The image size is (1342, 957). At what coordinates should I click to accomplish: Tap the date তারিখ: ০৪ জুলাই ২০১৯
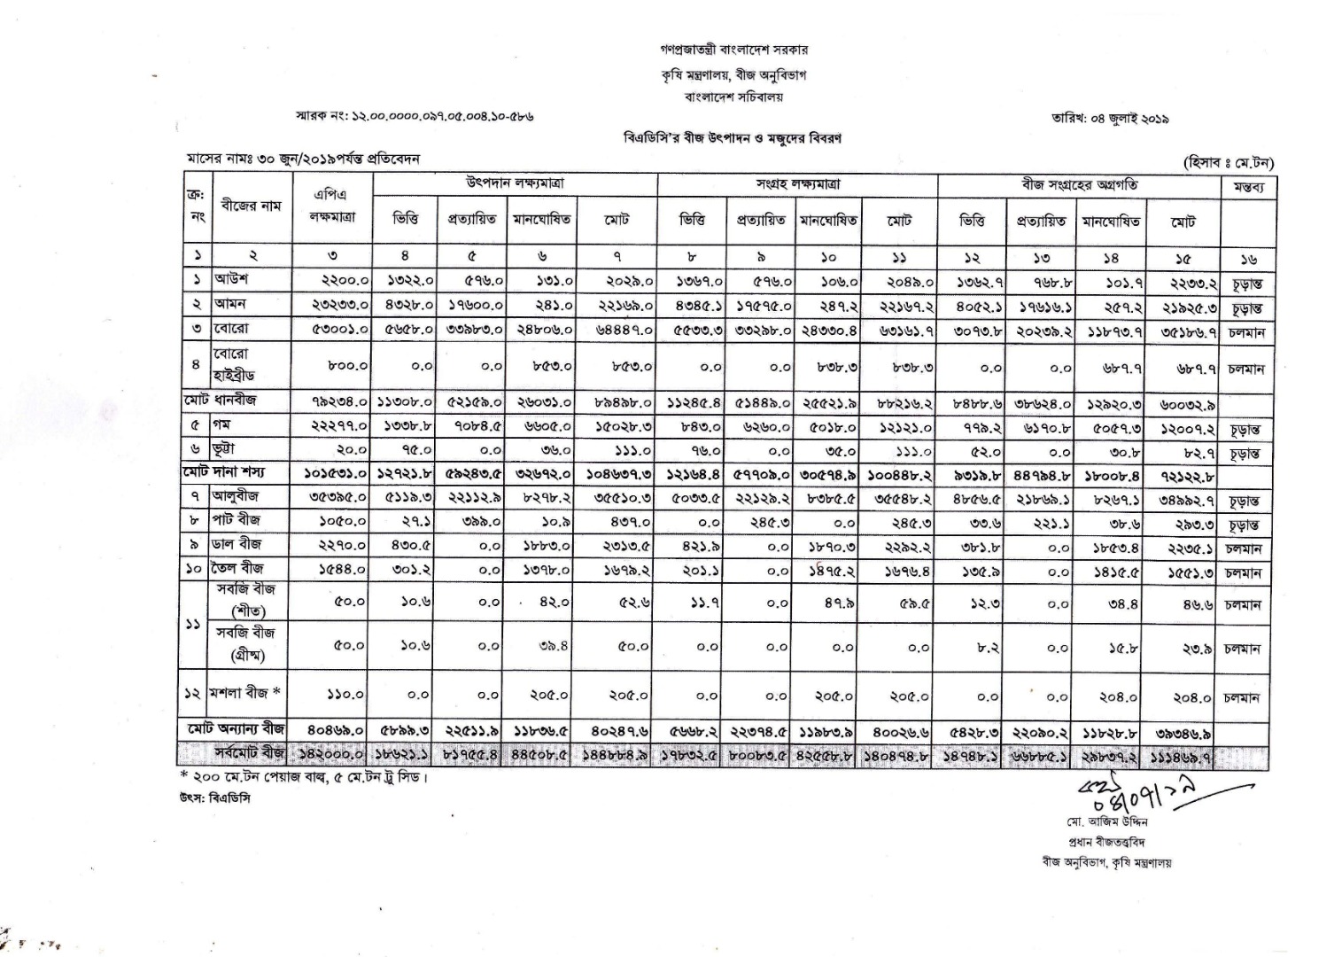(1109, 119)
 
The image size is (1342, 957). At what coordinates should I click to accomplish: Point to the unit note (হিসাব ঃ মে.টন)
(1227, 162)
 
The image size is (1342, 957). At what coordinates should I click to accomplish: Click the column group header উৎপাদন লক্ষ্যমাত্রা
(515, 184)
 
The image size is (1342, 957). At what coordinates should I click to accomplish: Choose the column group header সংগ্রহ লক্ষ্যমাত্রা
(797, 184)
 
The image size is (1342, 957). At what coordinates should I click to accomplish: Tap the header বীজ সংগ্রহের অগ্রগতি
(1079, 184)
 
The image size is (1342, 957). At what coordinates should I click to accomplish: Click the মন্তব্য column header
(1247, 187)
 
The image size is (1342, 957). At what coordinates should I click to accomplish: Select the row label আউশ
(231, 279)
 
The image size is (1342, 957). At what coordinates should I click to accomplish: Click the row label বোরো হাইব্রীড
(232, 365)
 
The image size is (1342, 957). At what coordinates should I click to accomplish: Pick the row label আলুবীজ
(236, 496)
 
